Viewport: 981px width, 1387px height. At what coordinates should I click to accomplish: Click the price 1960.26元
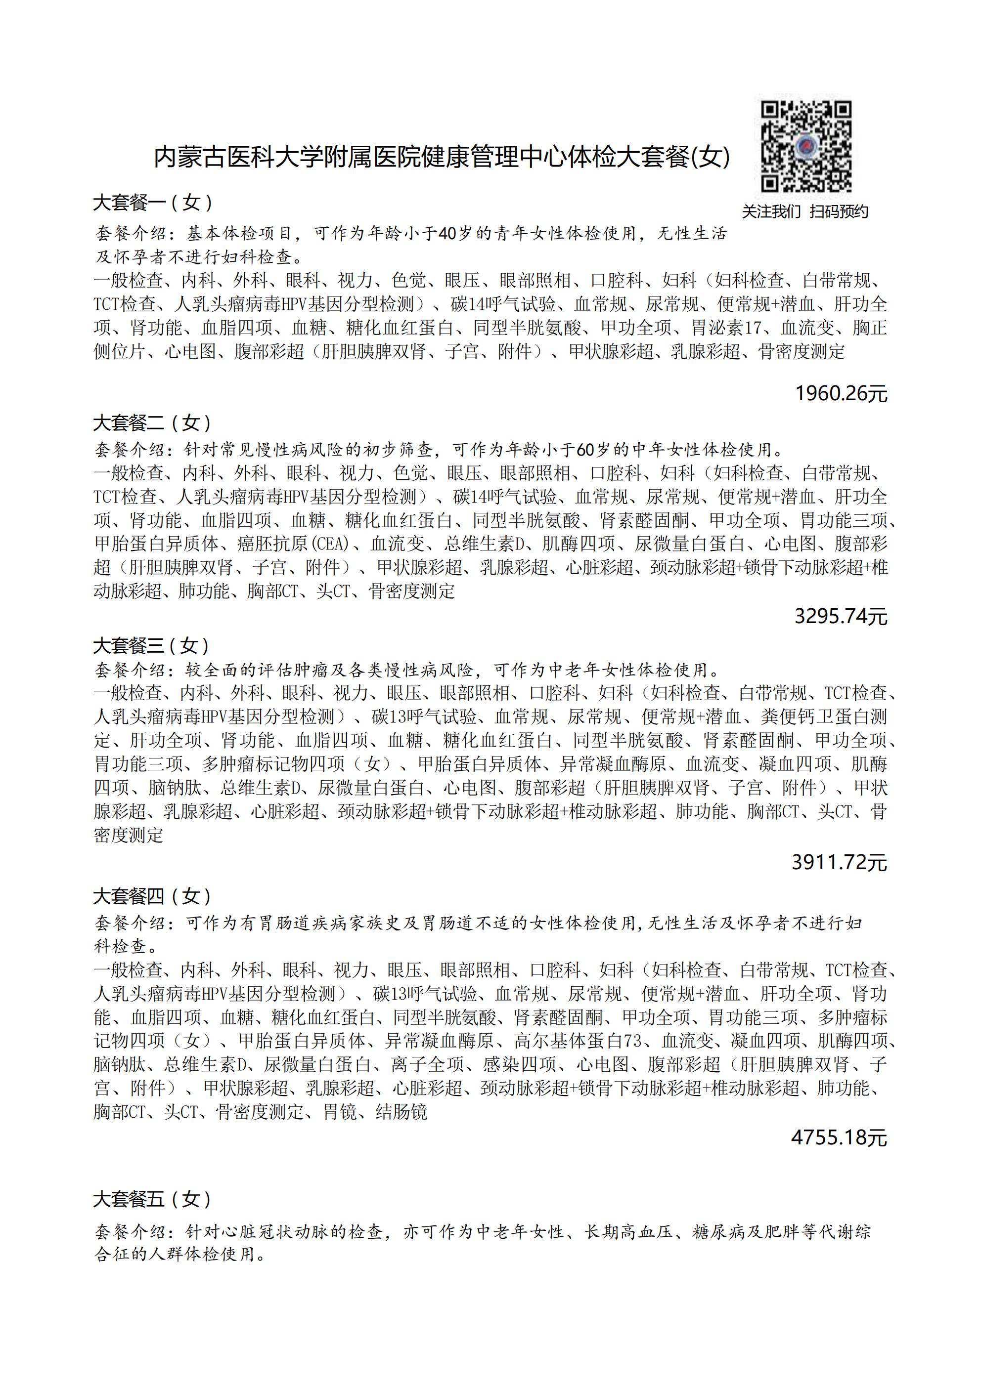pos(841,394)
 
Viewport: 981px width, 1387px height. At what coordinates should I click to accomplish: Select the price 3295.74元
pos(841,616)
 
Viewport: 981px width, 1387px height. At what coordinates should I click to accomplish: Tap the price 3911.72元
pos(840,862)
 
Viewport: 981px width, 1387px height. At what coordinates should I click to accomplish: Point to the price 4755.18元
pos(839,1137)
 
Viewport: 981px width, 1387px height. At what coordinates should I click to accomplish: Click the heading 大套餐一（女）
pos(153,203)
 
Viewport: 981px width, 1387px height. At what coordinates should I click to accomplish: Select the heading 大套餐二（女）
pos(153,423)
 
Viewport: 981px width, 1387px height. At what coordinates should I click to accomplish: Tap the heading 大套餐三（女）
pos(152,646)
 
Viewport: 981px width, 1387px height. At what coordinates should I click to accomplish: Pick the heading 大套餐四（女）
pos(153,896)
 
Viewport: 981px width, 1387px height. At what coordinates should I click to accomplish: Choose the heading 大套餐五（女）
pos(153,1199)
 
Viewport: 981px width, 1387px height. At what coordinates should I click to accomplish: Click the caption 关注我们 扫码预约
pos(804,211)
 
